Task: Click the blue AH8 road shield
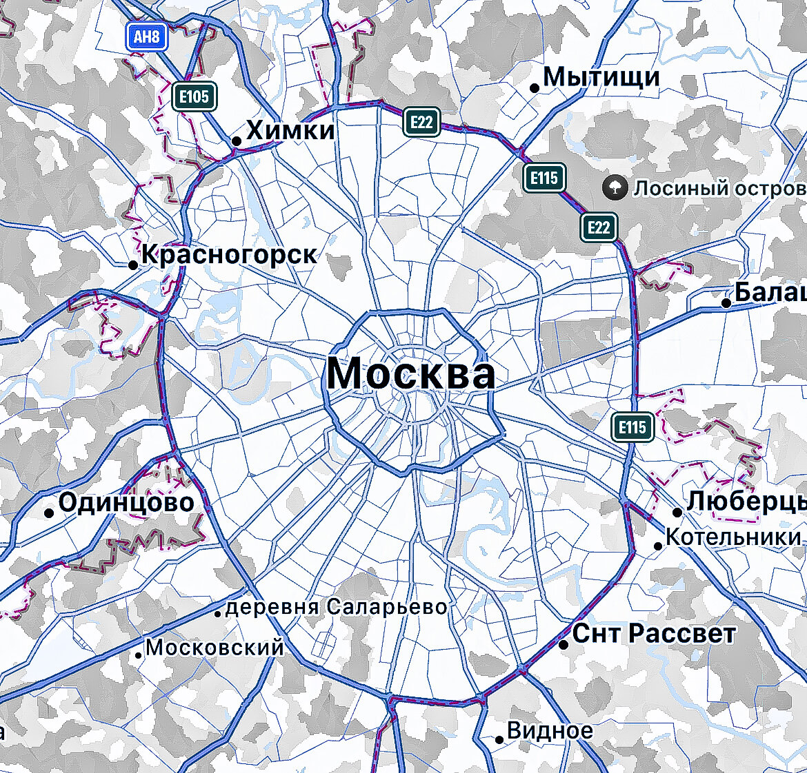pyautogui.click(x=146, y=37)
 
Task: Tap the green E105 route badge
pyautogui.click(x=194, y=96)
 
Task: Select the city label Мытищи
pyautogui.click(x=601, y=76)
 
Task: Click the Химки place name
pyautogui.click(x=290, y=130)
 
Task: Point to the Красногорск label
pyautogui.click(x=229, y=255)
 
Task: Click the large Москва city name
pyautogui.click(x=411, y=373)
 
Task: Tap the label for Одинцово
pyautogui.click(x=126, y=502)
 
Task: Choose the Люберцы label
pyautogui.click(x=746, y=501)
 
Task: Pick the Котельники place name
pyautogui.click(x=733, y=537)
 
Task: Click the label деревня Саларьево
pyautogui.click(x=336, y=607)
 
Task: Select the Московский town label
pyautogui.click(x=215, y=648)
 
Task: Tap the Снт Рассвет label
pyautogui.click(x=654, y=633)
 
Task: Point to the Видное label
pyautogui.click(x=550, y=730)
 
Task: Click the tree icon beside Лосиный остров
pyautogui.click(x=614, y=187)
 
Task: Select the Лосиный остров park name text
pyautogui.click(x=719, y=188)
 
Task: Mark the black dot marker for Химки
pyautogui.click(x=237, y=141)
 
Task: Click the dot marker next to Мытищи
pyautogui.click(x=534, y=87)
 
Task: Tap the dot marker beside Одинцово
pyautogui.click(x=49, y=513)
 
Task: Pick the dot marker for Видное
pyautogui.click(x=499, y=740)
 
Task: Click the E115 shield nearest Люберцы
pyautogui.click(x=632, y=427)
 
